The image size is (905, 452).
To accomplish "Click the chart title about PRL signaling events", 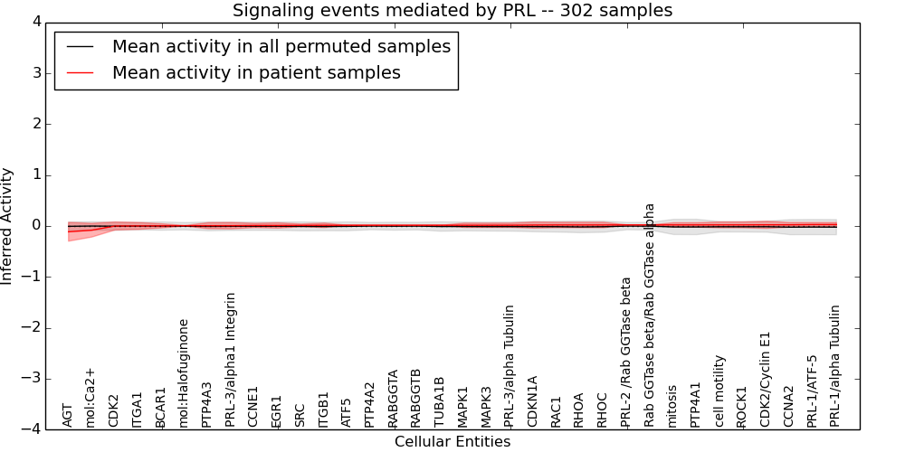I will tap(452, 11).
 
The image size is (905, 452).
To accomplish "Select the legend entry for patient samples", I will tap(256, 72).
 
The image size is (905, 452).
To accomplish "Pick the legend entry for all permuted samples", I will tap(281, 46).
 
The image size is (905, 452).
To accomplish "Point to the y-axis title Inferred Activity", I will tap(8, 226).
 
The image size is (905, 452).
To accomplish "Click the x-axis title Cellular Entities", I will tap(452, 442).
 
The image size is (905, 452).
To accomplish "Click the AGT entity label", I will tap(67, 415).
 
